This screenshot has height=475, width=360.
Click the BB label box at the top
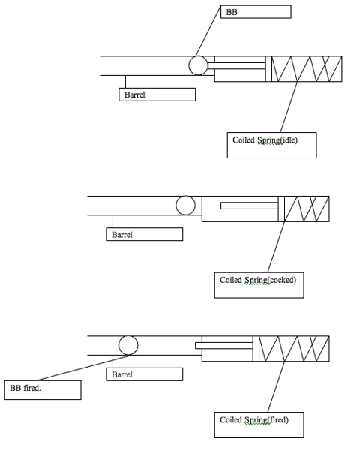coord(256,12)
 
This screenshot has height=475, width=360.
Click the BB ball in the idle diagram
coord(198,65)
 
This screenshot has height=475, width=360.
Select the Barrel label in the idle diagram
coord(157,95)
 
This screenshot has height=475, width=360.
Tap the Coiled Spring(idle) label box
coord(272,145)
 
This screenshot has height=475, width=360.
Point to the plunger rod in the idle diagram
coord(237,66)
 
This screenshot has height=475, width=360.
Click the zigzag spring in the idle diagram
coord(307,69)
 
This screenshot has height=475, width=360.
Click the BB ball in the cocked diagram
coord(185,205)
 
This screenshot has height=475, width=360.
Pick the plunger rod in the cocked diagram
coord(250,206)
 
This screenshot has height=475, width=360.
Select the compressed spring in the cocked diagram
coord(307,209)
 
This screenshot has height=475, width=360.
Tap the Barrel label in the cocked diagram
coord(145,234)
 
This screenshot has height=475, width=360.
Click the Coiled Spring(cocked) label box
coord(259,285)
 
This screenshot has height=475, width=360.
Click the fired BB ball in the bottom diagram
coord(128,345)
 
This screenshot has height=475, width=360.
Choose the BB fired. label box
coord(43,390)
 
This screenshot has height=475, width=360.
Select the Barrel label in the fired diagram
coord(145,374)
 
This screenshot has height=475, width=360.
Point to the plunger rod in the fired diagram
coord(224,346)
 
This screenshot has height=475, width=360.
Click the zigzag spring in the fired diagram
coord(294,349)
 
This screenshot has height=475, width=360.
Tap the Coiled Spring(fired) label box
coord(259,425)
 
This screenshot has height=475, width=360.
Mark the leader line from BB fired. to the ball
coord(84,368)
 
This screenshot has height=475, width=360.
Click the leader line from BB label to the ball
coord(208,31)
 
